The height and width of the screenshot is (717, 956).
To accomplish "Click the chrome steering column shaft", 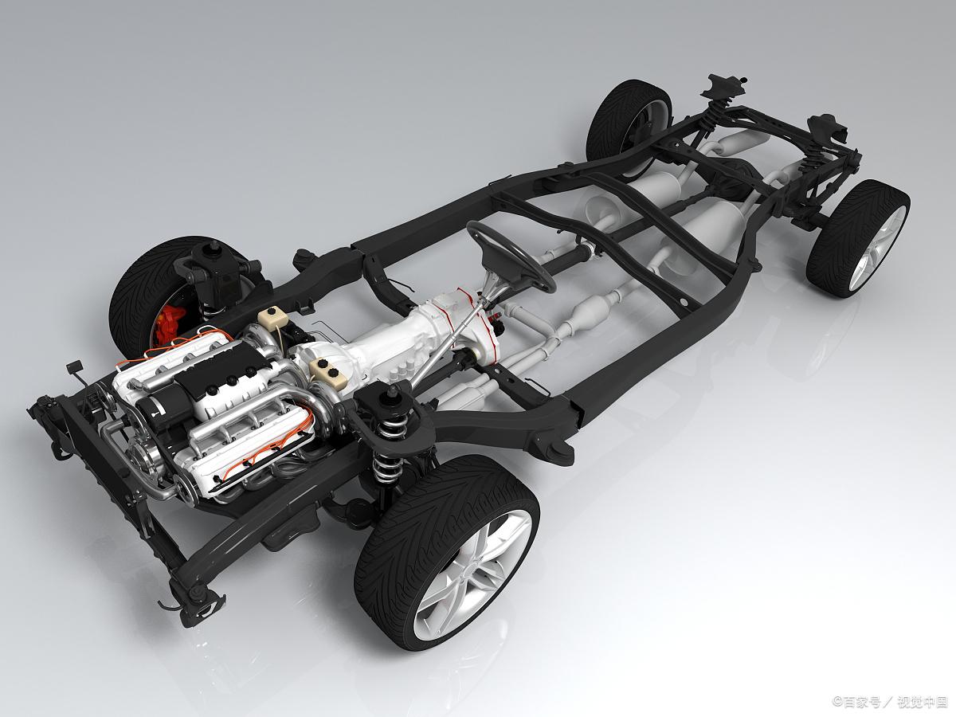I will (x=454, y=327).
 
